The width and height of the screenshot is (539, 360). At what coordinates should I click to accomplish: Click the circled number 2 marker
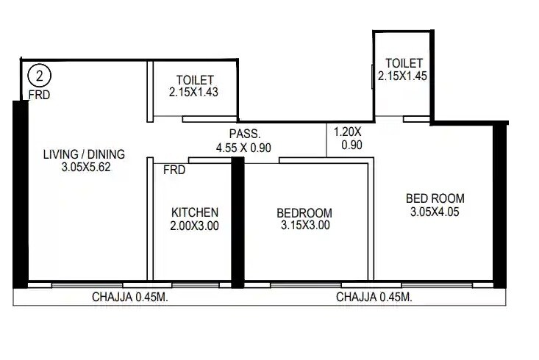[x=38, y=76]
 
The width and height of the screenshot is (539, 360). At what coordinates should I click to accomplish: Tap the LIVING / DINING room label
[x=84, y=154]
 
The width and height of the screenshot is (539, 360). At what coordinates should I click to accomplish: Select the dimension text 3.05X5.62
[x=84, y=167]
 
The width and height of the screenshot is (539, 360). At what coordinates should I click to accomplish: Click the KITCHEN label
[x=195, y=212]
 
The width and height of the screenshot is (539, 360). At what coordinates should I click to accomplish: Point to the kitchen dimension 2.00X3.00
[x=195, y=226]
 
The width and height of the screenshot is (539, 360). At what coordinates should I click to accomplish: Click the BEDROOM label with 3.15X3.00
[x=304, y=213]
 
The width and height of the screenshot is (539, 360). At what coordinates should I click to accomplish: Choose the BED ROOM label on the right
[x=435, y=198]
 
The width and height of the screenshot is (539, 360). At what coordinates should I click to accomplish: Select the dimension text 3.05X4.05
[x=435, y=212]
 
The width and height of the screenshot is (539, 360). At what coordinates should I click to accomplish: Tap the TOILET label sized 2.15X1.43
[x=195, y=80]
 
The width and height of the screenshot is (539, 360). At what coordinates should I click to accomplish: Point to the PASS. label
[x=244, y=134]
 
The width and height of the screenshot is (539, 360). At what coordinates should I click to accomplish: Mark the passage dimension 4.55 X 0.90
[x=244, y=148]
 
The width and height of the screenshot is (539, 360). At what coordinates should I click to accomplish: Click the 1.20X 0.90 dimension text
[x=348, y=139]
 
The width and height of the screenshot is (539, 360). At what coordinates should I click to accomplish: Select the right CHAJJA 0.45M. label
[x=374, y=298]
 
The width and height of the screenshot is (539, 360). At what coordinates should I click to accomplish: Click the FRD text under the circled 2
[x=39, y=94]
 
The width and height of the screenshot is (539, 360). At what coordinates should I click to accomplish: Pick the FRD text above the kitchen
[x=174, y=170]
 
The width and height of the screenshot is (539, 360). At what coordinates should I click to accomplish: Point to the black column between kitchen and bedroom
[x=238, y=220]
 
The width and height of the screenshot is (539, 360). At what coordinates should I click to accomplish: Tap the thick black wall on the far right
[x=500, y=206]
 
